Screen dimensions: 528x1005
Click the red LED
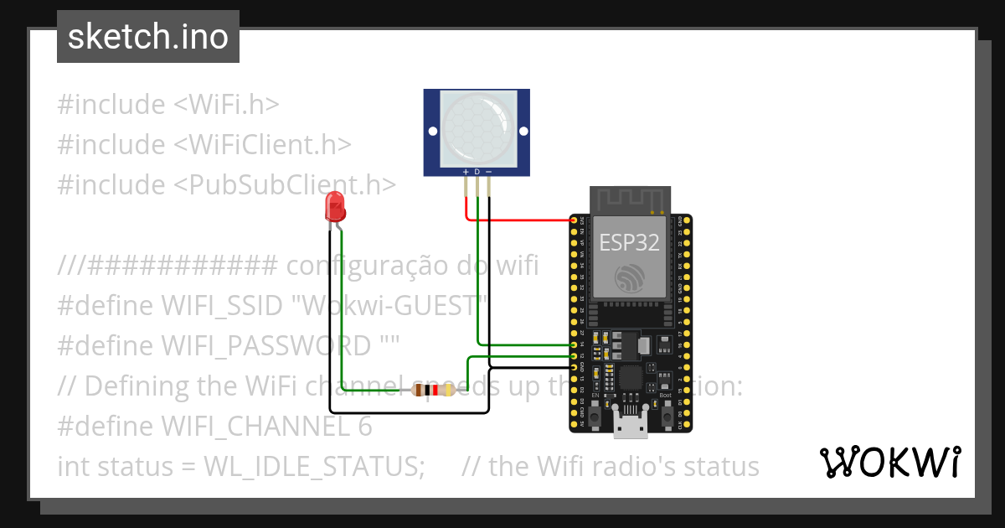click(x=335, y=205)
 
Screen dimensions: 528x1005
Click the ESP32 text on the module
click(x=629, y=243)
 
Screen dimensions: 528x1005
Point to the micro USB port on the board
click(x=629, y=427)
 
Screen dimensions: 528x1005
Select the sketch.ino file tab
click(x=148, y=37)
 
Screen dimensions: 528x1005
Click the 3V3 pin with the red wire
click(x=574, y=220)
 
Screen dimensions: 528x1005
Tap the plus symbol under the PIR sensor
click(x=466, y=172)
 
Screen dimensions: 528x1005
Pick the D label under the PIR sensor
click(x=477, y=172)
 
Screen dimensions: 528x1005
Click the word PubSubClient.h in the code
click(x=285, y=184)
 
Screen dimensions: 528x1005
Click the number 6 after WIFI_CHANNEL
click(x=364, y=427)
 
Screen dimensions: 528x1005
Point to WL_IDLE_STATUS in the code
click(x=314, y=466)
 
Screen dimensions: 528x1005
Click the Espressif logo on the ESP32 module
click(x=629, y=278)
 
